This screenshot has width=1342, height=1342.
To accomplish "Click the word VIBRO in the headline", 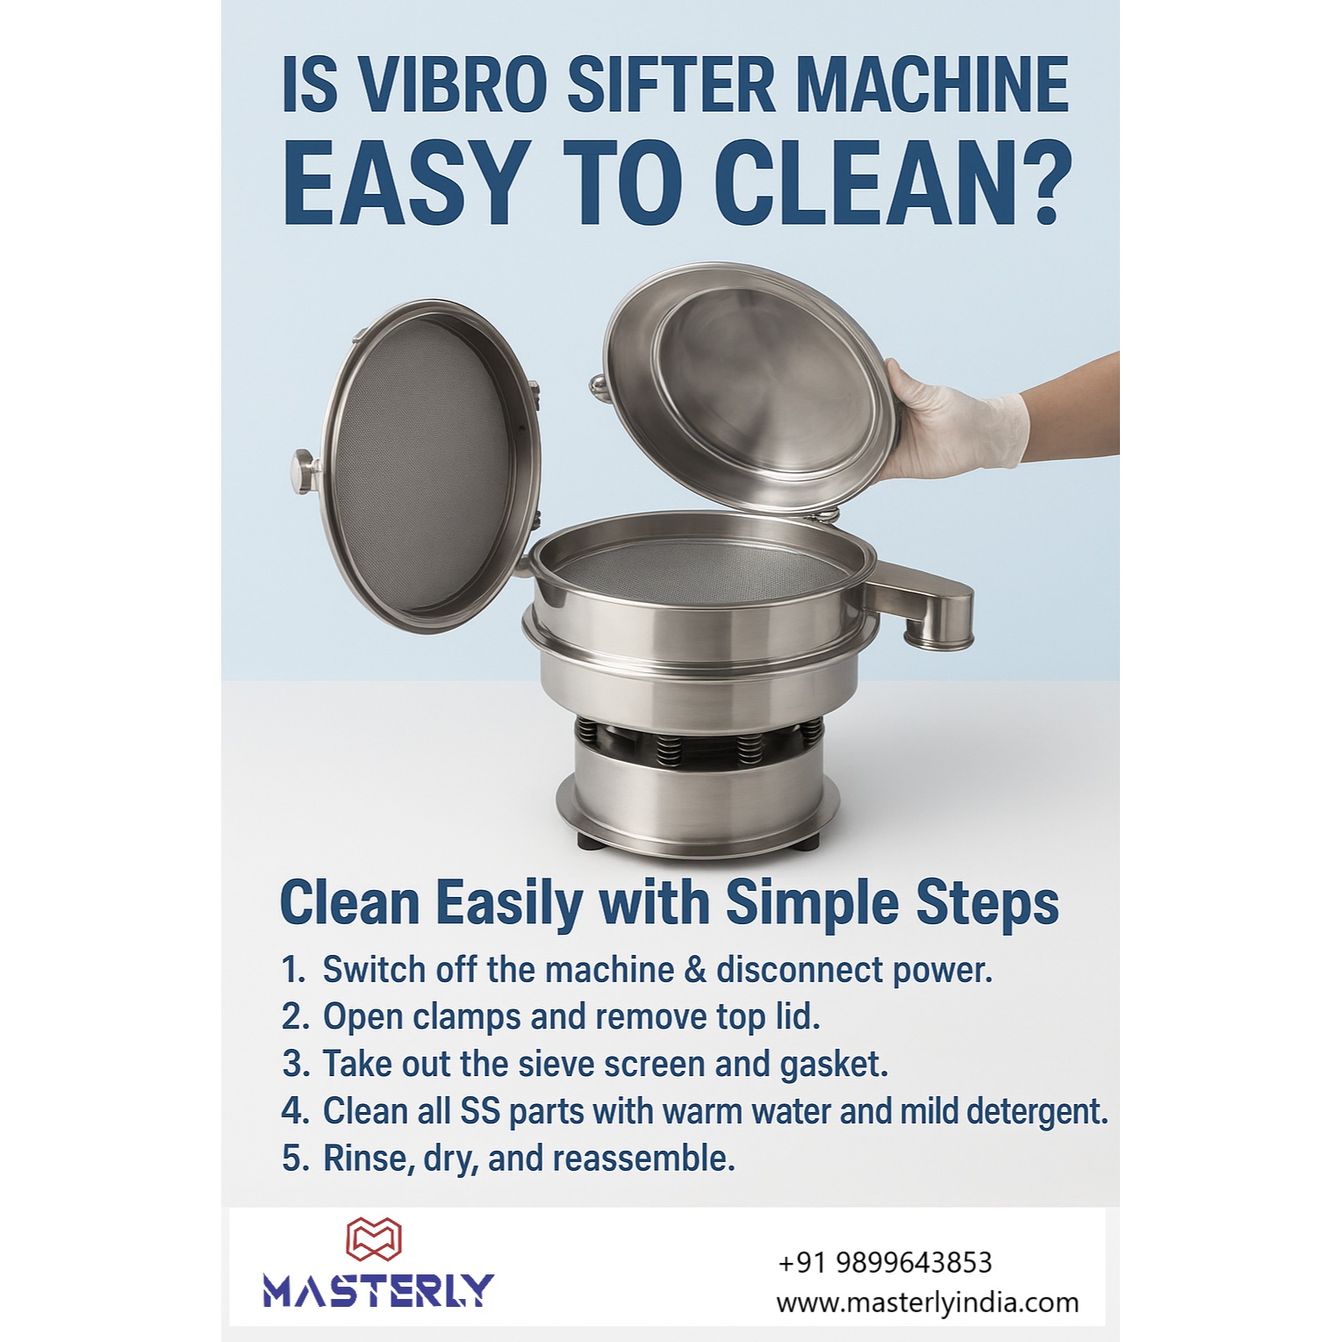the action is (453, 84).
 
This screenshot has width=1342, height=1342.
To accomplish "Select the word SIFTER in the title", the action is (671, 84).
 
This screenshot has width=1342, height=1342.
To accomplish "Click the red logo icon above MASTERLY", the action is (374, 1239).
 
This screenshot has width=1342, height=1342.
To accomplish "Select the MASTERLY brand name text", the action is (378, 1290).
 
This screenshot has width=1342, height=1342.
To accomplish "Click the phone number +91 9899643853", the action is (885, 1262).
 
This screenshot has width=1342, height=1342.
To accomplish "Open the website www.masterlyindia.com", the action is (928, 1303).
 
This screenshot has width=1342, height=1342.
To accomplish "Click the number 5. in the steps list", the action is (295, 1159).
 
